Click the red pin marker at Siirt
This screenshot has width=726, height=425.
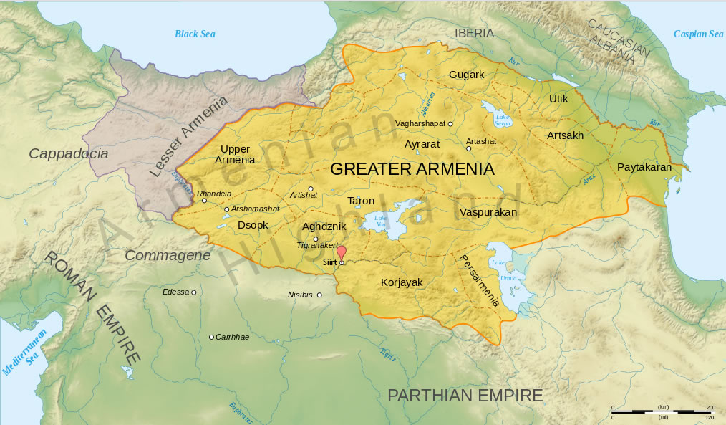click(x=342, y=252)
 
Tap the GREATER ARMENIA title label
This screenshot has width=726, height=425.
click(x=412, y=169)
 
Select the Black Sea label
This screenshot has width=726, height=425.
click(x=195, y=34)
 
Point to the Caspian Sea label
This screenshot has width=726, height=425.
click(x=698, y=34)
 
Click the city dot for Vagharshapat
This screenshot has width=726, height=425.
click(x=450, y=124)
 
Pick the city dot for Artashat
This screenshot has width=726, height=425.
click(x=469, y=149)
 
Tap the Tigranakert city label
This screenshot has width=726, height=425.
click(x=317, y=246)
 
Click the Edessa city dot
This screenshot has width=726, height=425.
click(x=193, y=292)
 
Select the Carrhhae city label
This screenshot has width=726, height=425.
click(x=232, y=337)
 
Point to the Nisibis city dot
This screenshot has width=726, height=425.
click(x=319, y=295)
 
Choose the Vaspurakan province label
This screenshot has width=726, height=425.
click(x=488, y=212)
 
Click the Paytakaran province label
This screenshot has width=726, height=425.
click(x=644, y=167)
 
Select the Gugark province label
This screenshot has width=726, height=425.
click(x=467, y=75)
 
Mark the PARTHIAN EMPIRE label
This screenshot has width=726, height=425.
click(x=465, y=395)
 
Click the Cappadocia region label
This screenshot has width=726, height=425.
click(x=69, y=153)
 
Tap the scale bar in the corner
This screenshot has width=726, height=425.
click(x=662, y=411)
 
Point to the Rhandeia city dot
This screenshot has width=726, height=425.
click(x=204, y=201)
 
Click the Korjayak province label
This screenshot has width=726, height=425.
click(x=402, y=282)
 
